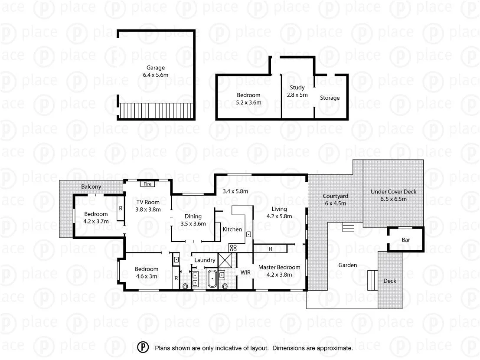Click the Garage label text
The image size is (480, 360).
tap(155, 68)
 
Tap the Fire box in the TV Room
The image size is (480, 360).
tap(147, 184)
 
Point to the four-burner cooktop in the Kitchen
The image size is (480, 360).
tap(233, 248)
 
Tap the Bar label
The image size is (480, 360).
tap(406, 240)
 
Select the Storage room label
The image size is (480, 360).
tap(330, 98)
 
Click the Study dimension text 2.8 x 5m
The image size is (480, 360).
tap(297, 95)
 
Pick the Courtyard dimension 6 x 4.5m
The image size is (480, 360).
tap(336, 203)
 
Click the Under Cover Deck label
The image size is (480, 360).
tap(393, 192)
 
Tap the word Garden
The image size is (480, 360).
tap(348, 265)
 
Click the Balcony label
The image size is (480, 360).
tap(91, 187)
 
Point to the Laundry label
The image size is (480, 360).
tap(205, 260)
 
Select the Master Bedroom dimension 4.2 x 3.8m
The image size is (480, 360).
tap(279, 275)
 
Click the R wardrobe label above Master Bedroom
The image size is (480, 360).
tap(270, 249)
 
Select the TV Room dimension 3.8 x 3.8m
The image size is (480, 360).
tap(148, 209)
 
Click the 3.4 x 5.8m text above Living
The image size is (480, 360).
tap(235, 191)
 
